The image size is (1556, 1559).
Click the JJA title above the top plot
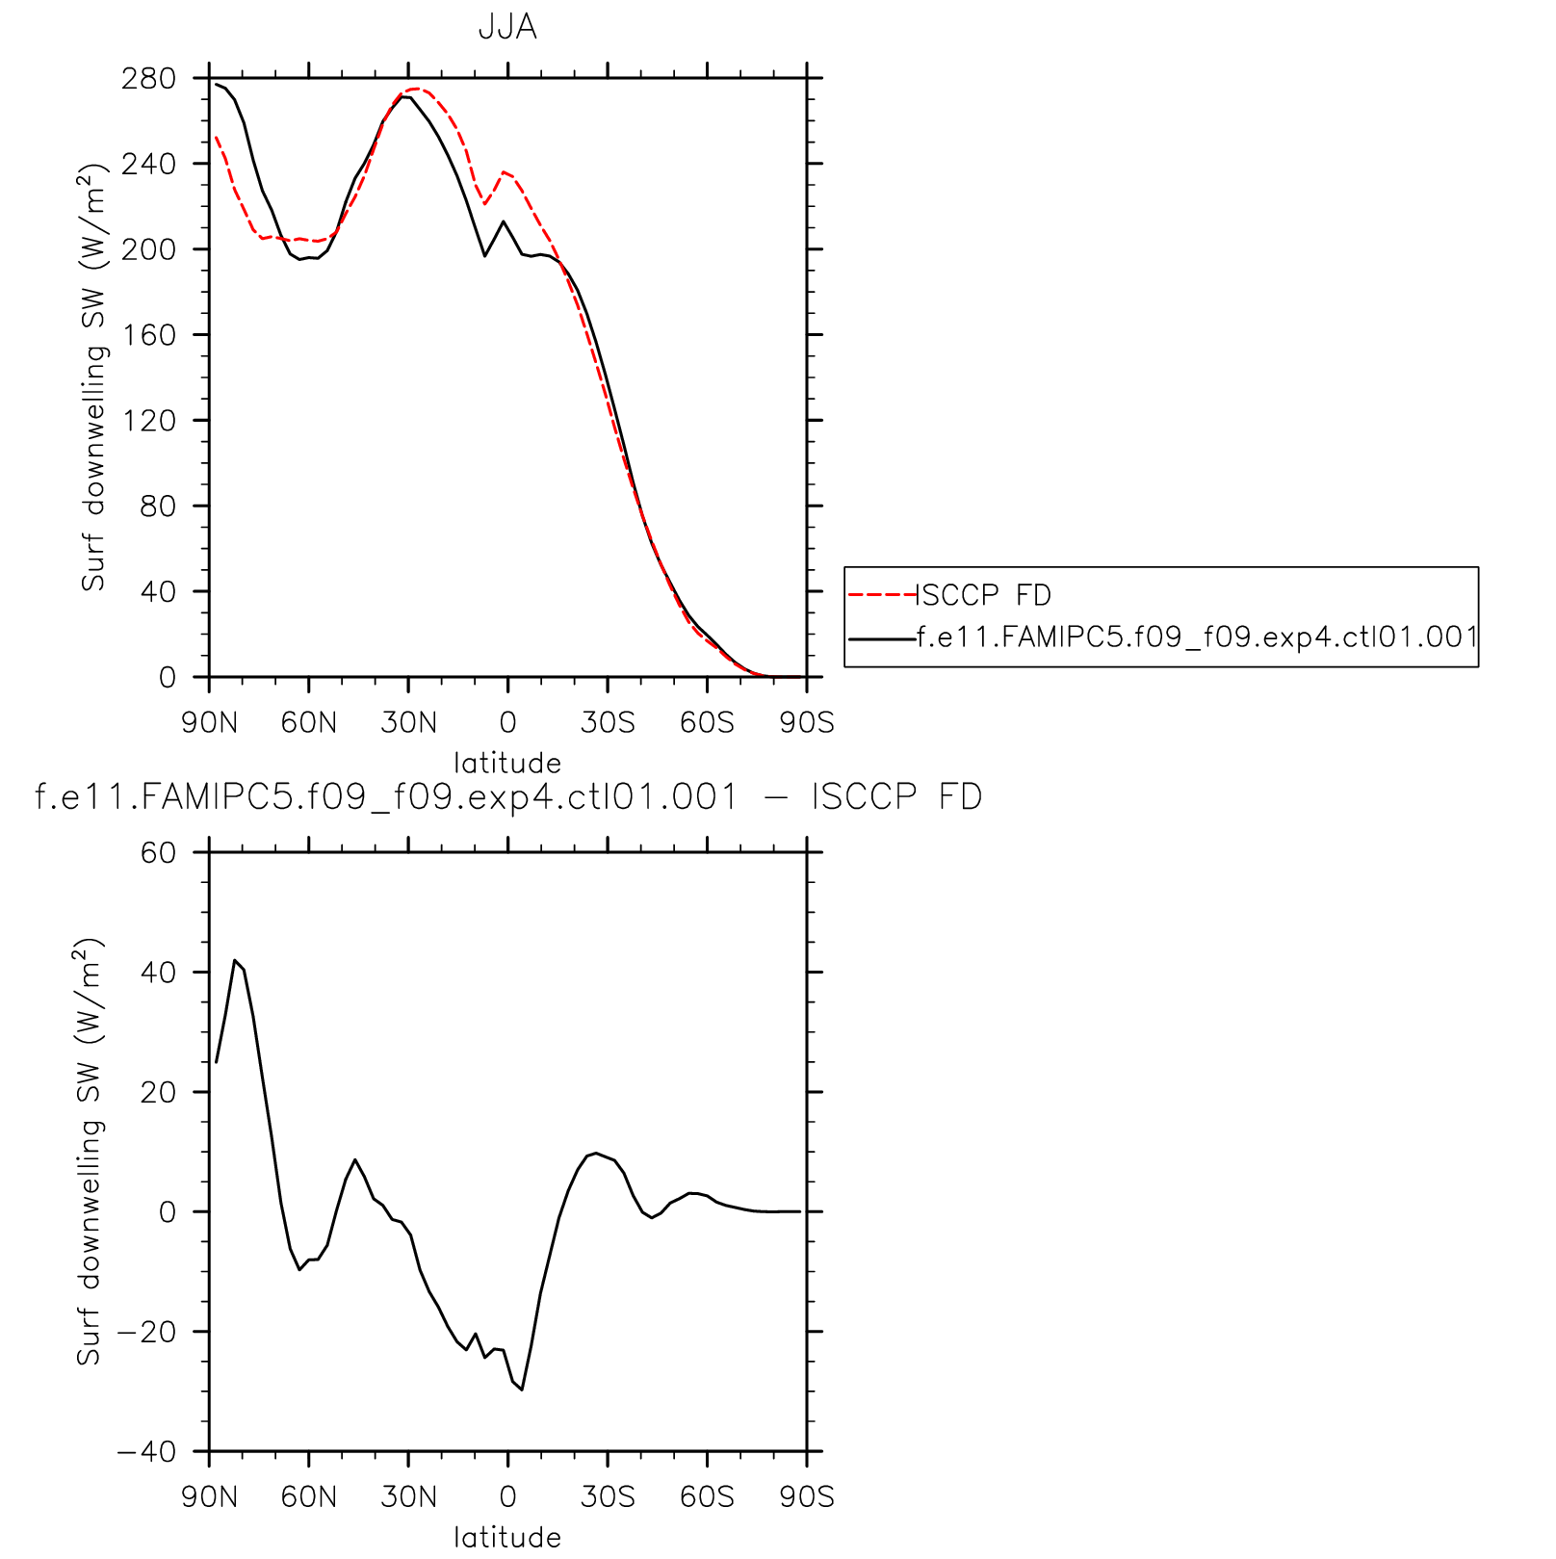(507, 27)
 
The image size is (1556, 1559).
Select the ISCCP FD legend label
(984, 595)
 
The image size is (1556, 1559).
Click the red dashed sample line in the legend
(881, 595)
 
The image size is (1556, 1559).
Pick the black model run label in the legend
(1197, 637)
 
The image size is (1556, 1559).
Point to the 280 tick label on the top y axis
(149, 78)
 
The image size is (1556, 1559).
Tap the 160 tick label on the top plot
(149, 335)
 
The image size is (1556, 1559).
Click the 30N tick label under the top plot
(408, 722)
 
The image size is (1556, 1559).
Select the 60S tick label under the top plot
(707, 722)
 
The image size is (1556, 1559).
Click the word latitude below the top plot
(507, 763)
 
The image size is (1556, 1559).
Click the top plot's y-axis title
(93, 377)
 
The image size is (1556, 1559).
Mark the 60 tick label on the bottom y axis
(159, 852)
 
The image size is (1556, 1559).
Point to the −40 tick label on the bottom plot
(147, 1451)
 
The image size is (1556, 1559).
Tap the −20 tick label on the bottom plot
(147, 1332)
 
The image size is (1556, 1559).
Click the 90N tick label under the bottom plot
(209, 1496)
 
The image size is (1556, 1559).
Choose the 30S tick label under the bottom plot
(608, 1496)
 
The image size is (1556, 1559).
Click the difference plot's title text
(507, 797)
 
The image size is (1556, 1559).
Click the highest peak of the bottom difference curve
(234, 960)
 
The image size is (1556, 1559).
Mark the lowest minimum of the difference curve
(522, 1390)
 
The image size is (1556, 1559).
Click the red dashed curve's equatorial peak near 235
(504, 172)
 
